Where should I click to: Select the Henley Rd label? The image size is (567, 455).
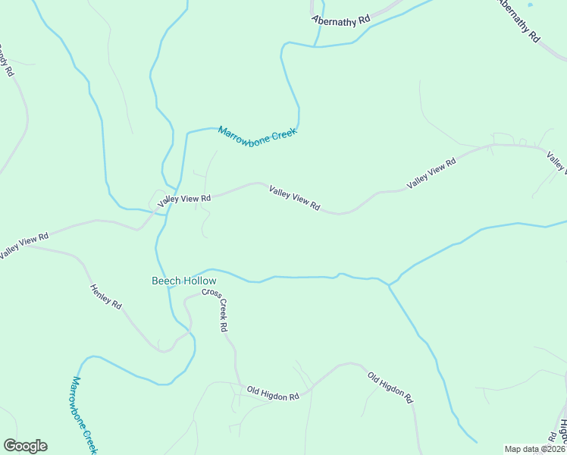tap(105, 297)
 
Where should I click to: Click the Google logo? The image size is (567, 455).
tap(25, 446)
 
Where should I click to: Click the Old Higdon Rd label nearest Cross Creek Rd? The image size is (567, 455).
tap(273, 393)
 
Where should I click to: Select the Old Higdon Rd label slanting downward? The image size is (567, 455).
tap(390, 387)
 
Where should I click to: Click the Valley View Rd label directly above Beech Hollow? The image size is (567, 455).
tap(184, 199)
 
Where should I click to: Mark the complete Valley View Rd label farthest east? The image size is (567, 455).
tap(431, 174)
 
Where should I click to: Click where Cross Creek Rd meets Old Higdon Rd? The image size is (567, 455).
tap(240, 384)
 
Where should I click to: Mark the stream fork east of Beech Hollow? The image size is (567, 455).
tap(389, 285)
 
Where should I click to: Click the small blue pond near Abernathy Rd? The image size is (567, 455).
tap(530, 5)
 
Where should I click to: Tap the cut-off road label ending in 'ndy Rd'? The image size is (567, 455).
tap(5, 61)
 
